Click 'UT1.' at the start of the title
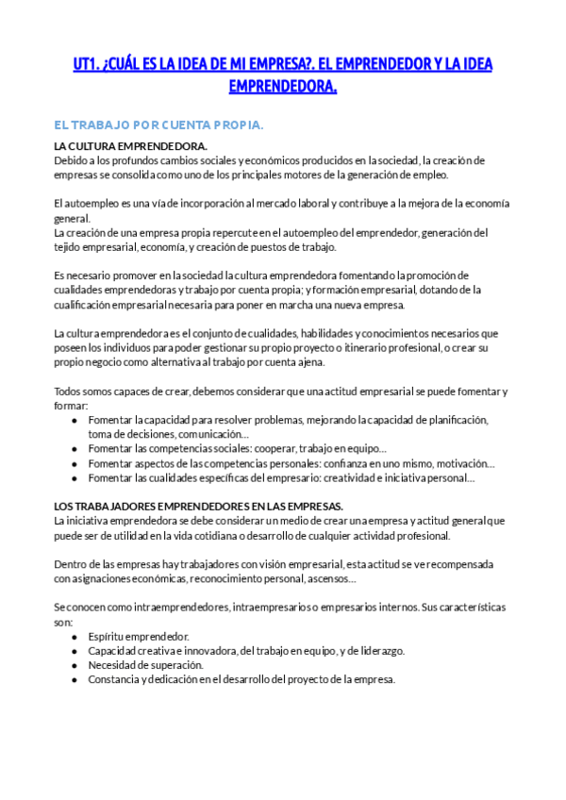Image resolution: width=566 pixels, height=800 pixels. pyautogui.click(x=88, y=64)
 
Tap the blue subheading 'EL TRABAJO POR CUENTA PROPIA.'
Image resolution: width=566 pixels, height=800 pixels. pyautogui.click(x=158, y=125)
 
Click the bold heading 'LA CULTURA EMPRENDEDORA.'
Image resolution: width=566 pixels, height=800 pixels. pyautogui.click(x=130, y=146)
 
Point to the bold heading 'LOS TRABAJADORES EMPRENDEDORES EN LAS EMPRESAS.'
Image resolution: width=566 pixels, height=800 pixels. pyautogui.click(x=198, y=507)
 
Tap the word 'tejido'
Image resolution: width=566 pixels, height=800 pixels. pyautogui.click(x=69, y=247)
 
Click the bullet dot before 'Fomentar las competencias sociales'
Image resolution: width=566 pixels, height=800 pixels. pyautogui.click(x=75, y=449)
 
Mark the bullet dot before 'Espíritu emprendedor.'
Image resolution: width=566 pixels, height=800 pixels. pyautogui.click(x=75, y=637)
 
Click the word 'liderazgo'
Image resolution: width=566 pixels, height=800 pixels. pyautogui.click(x=377, y=651)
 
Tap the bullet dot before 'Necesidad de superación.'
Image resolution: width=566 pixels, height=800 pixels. pyautogui.click(x=75, y=665)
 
